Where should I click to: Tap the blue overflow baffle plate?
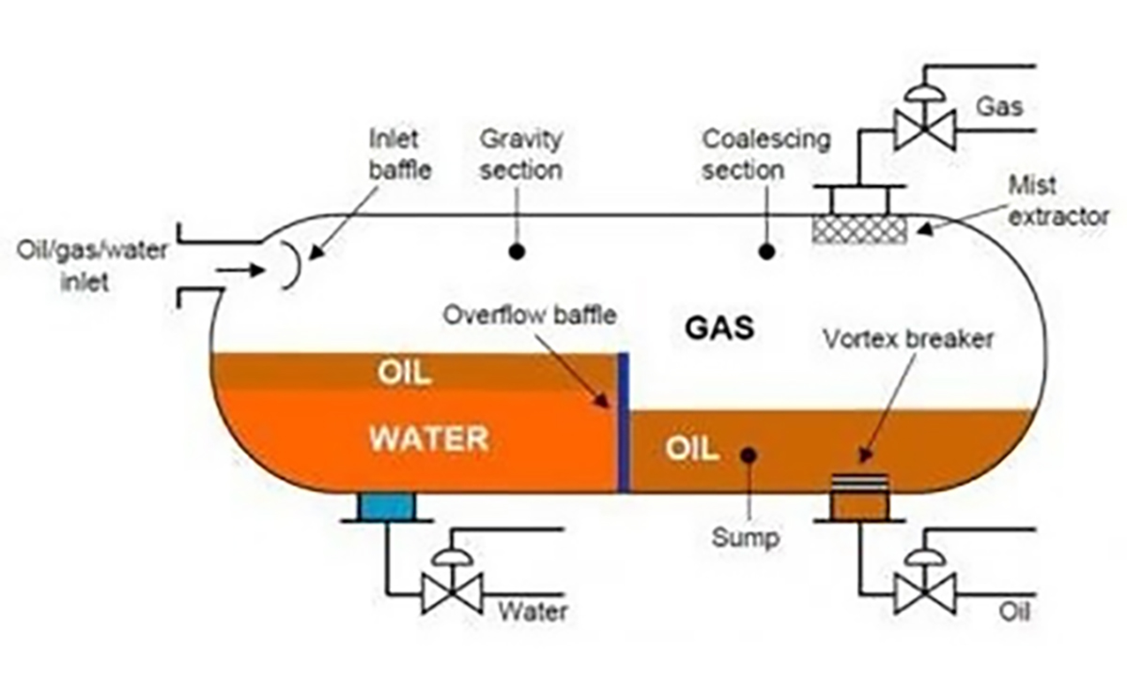623,422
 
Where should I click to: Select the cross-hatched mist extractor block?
859,229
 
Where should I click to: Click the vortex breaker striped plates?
859,481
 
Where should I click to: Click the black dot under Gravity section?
515,252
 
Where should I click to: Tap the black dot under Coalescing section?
766,252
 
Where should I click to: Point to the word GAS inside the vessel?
718,330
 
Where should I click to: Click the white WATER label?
428,439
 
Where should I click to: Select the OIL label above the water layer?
405,372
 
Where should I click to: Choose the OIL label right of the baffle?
692,448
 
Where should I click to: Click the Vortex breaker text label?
907,339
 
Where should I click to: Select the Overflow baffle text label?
531,315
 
